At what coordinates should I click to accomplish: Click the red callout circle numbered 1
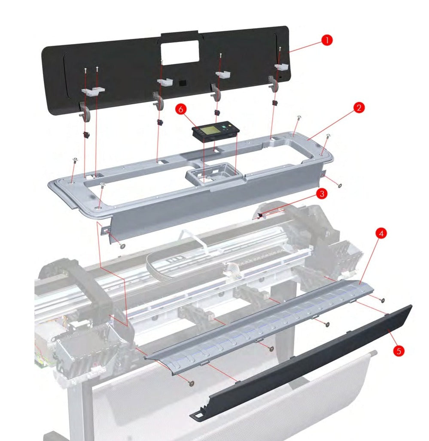tap(327, 40)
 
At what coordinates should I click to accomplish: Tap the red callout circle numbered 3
tap(321, 194)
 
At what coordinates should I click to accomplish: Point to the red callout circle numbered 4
tap(380, 233)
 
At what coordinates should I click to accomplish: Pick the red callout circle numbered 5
tap(399, 350)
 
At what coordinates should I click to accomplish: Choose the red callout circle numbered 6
tap(181, 109)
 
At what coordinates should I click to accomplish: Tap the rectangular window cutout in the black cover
tap(180, 53)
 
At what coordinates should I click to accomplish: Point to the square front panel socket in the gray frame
tap(210, 176)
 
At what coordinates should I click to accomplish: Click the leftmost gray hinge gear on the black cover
tap(85, 113)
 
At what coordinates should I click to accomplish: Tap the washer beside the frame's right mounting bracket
tap(340, 186)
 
